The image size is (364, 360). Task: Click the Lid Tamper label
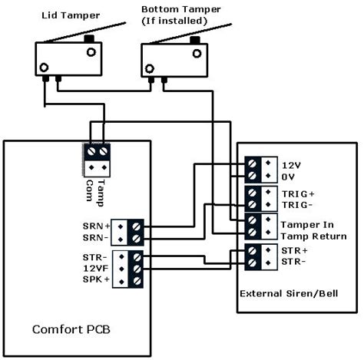(71, 15)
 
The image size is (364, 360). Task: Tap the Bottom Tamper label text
(180, 10)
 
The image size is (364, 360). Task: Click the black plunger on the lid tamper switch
(89, 39)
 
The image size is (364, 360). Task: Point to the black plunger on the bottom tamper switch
(194, 40)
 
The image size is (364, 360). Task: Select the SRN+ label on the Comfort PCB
(96, 226)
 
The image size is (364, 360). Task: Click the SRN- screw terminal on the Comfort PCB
(137, 239)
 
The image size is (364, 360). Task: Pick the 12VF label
(96, 269)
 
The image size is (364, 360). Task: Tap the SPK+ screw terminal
(137, 281)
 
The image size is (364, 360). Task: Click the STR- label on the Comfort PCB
(95, 257)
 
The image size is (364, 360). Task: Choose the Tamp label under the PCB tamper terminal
(101, 193)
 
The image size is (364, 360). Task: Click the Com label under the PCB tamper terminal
(89, 190)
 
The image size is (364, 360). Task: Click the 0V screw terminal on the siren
(252, 176)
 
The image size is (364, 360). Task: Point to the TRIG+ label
(298, 194)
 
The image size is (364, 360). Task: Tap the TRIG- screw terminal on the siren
(252, 204)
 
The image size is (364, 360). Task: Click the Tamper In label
(307, 225)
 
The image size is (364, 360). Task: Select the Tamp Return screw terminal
(252, 233)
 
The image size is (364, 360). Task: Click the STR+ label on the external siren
(294, 250)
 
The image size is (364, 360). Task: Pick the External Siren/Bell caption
(289, 293)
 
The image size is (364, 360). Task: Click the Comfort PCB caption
(71, 329)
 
